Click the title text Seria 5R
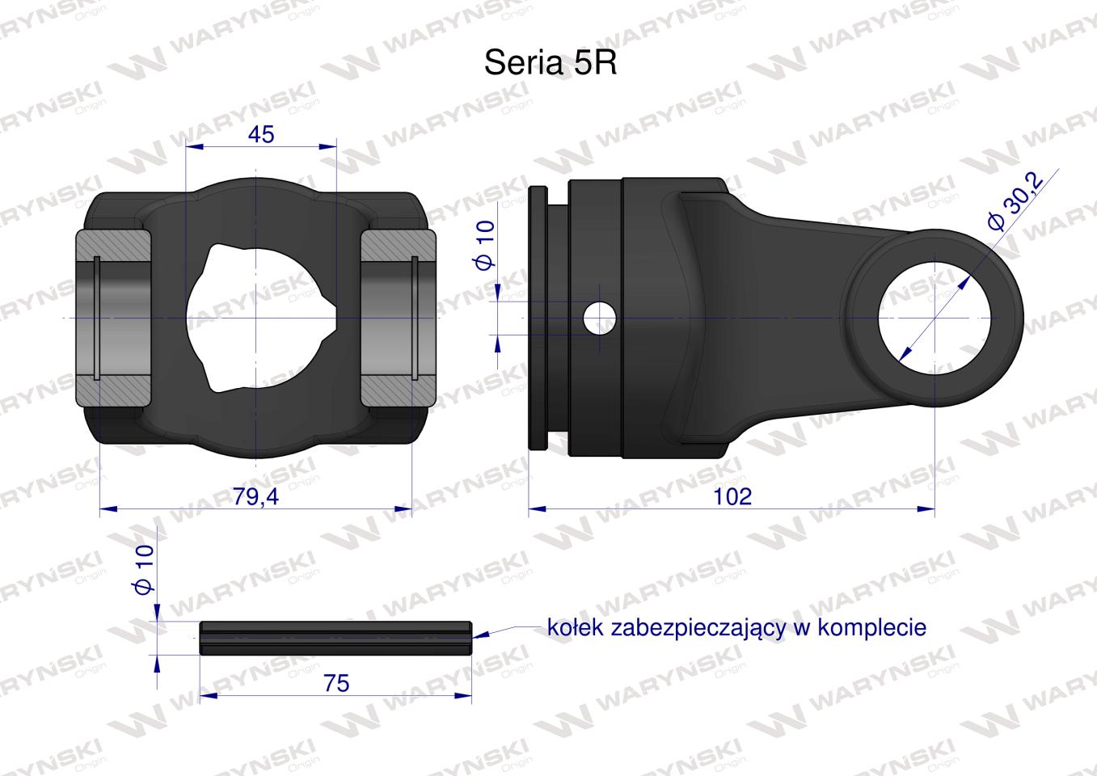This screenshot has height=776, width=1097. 550,63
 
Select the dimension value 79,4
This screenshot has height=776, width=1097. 255,496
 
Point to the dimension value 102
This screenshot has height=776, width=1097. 732,496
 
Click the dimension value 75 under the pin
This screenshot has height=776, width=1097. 335,683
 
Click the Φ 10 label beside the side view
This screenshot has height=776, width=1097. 484,247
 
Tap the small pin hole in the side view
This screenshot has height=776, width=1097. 599,318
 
